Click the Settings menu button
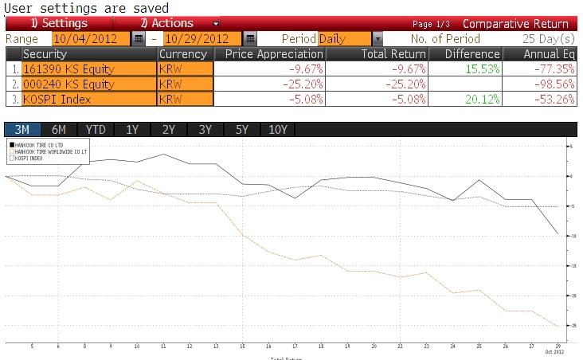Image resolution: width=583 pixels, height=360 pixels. (x=58, y=23)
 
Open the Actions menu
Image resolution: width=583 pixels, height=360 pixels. (x=166, y=23)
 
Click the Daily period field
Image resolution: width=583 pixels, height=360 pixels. (x=344, y=38)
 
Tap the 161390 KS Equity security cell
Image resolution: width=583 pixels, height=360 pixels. (x=88, y=68)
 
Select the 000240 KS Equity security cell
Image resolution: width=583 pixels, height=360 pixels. (x=88, y=84)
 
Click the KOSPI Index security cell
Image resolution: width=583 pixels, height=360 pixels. (x=88, y=100)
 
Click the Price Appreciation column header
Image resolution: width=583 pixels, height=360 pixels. (x=270, y=54)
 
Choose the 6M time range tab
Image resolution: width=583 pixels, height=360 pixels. (x=59, y=130)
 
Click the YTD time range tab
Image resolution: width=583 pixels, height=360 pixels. (x=96, y=130)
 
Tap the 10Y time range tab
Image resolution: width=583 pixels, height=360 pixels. (x=278, y=130)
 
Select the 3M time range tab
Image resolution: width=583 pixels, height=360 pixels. (x=22, y=130)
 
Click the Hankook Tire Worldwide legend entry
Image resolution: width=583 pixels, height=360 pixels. (x=49, y=151)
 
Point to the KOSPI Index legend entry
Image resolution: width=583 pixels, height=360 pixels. (x=32, y=158)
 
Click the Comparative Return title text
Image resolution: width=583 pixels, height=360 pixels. (x=515, y=23)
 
